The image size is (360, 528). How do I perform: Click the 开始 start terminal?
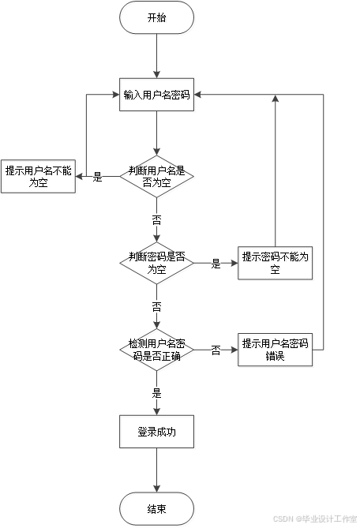158,18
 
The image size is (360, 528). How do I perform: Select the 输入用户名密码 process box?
158,96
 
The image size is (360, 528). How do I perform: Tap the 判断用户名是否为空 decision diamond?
158,177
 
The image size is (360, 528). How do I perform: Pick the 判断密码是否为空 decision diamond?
158,264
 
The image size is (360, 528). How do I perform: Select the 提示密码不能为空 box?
276,263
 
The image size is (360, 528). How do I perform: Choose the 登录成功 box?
158,433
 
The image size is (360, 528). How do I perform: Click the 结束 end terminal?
158,509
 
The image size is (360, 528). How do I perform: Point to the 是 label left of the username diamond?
98,176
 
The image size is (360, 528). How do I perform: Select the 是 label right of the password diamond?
216,264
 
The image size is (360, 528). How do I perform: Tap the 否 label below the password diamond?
158,305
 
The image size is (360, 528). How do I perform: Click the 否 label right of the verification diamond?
216,350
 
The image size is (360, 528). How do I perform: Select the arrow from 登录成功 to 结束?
158,471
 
